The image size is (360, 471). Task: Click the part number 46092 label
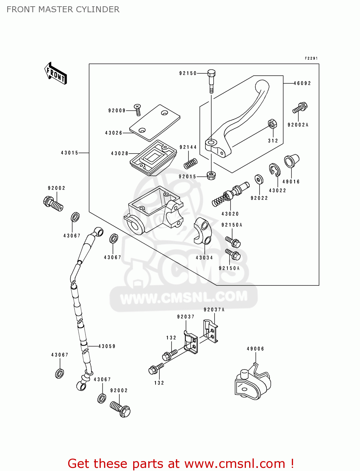(x=302, y=83)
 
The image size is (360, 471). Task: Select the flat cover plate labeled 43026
(x=155, y=123)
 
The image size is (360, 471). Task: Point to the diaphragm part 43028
(x=153, y=157)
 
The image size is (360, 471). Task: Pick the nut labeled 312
(x=272, y=124)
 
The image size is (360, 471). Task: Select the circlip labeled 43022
(x=274, y=170)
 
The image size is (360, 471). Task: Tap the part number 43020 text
(x=230, y=214)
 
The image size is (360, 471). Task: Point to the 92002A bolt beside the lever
(x=300, y=108)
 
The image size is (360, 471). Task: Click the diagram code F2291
(x=311, y=58)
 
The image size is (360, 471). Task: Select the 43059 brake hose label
(x=107, y=346)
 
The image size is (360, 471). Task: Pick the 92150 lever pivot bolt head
(x=211, y=73)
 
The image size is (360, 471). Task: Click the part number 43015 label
(x=69, y=153)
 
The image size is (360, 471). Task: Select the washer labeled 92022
(x=259, y=180)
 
